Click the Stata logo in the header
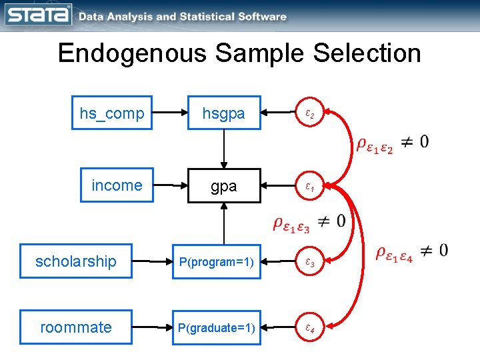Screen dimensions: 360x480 click(39, 15)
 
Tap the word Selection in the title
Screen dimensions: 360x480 click(359, 53)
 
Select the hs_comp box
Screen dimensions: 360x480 click(112, 113)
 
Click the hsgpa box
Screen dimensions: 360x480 click(224, 113)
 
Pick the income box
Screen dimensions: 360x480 click(117, 185)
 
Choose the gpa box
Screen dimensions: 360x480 click(224, 186)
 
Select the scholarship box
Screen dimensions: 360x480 click(76, 261)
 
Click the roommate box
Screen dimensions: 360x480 click(76, 327)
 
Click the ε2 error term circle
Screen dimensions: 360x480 click(310, 114)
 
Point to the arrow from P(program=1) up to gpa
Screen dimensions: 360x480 click(224, 224)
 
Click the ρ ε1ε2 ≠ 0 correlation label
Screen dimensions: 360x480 click(393, 143)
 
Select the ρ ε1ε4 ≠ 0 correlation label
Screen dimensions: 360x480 click(411, 252)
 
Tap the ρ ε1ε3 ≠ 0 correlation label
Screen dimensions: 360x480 click(309, 223)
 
